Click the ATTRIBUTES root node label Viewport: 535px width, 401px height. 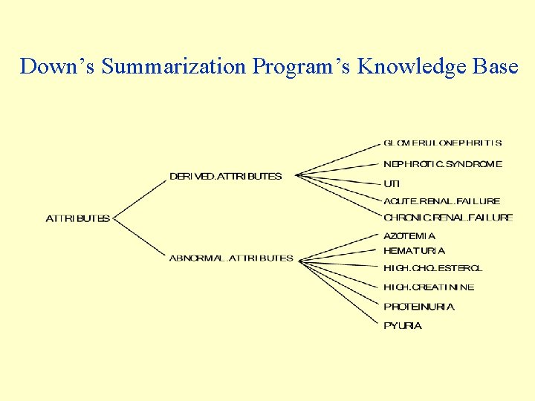pos(78,218)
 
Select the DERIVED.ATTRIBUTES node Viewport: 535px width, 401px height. pos(226,177)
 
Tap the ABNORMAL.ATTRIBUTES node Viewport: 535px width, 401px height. pos(231,258)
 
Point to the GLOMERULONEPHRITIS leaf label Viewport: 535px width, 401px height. pos(443,143)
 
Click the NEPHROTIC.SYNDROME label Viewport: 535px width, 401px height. pos(443,164)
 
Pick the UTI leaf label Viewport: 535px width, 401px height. pos(392,183)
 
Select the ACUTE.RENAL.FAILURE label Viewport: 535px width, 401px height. pos(442,201)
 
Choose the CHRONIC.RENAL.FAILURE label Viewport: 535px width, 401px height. pos(448,218)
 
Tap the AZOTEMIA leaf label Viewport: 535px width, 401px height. pos(409,236)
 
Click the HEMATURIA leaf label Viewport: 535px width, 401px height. pos(414,251)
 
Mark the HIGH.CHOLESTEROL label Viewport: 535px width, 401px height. pos(432,268)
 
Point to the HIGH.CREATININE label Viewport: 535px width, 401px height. pos(429,287)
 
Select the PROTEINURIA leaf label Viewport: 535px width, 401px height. pos(419,307)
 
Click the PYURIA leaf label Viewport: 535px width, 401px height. pos(403,326)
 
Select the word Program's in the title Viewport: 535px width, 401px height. pos(302,67)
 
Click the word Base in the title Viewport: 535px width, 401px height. pos(498,67)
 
